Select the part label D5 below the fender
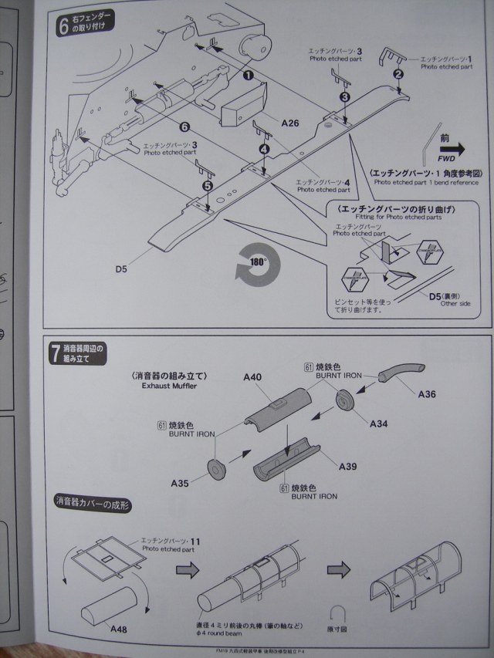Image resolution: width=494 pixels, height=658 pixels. [122, 268]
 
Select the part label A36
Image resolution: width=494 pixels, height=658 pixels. [428, 394]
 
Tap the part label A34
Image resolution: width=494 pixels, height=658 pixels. [379, 423]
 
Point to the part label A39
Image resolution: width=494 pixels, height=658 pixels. [348, 467]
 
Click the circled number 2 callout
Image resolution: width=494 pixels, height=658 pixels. [398, 75]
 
